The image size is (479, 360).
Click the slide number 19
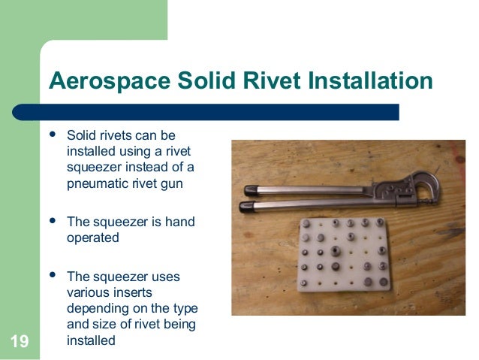point(20,343)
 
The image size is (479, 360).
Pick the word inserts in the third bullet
point(133,292)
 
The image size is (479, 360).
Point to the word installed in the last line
point(92,340)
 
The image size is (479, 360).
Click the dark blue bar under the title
point(218,112)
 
